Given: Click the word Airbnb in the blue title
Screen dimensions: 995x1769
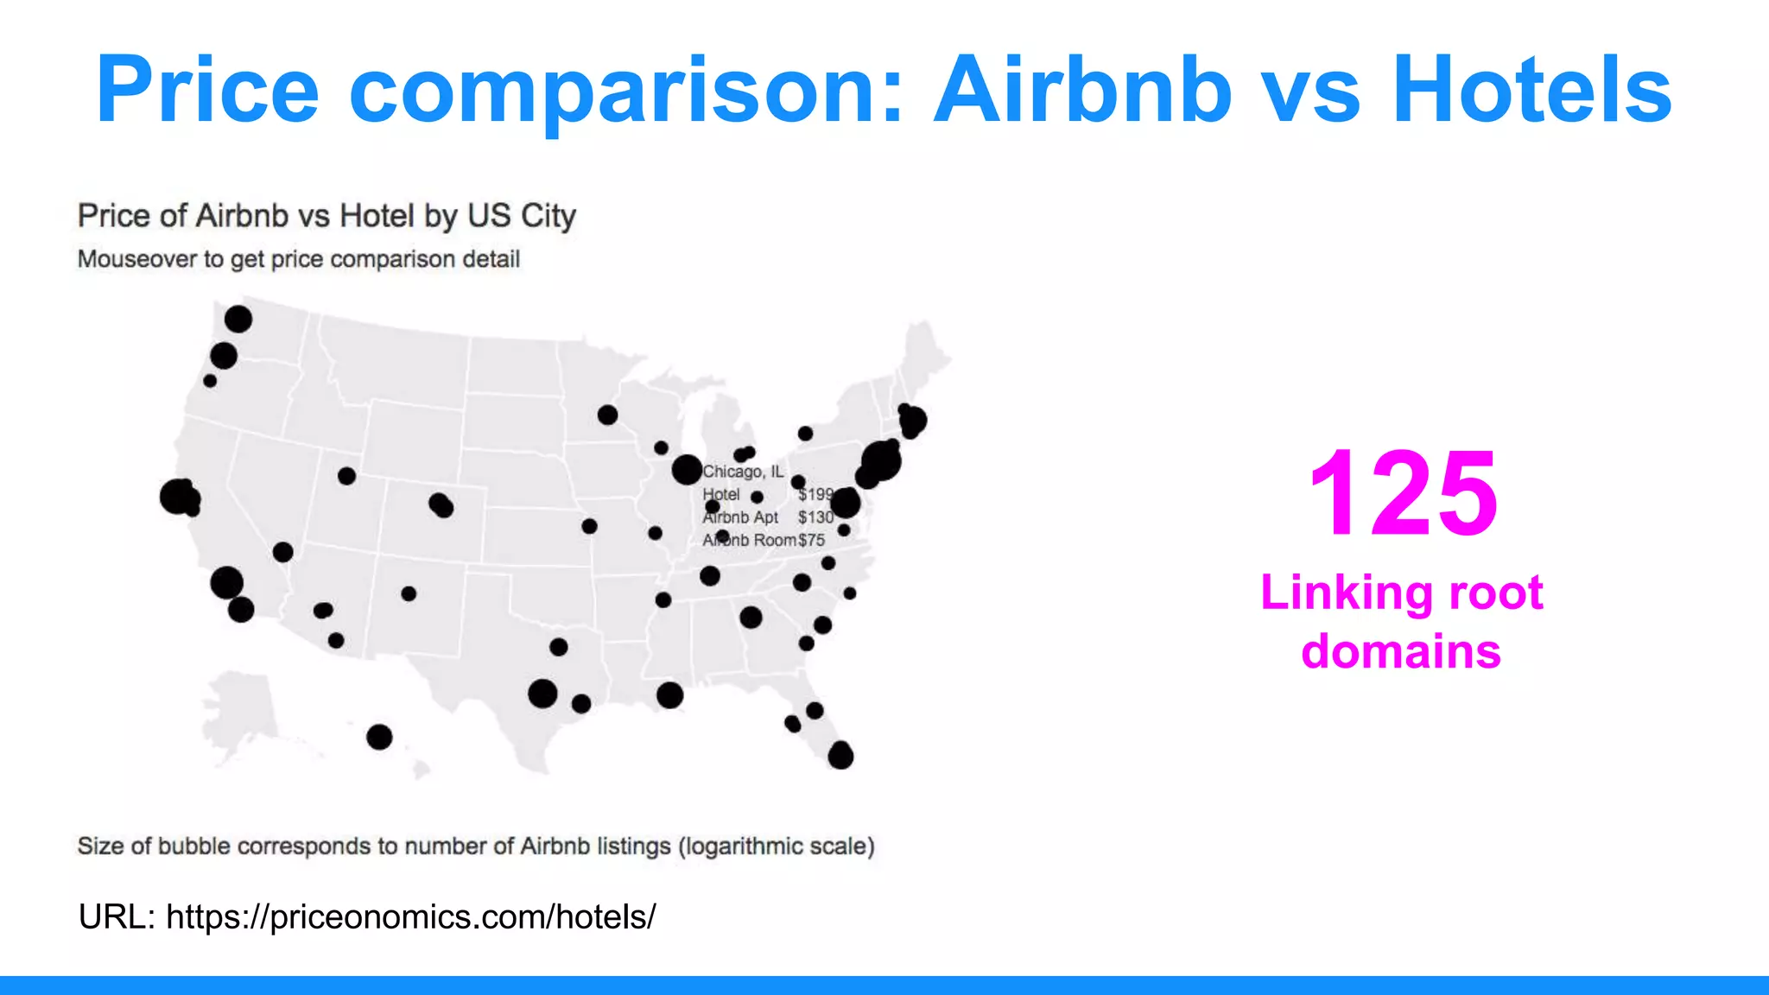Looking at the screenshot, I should (x=1083, y=90).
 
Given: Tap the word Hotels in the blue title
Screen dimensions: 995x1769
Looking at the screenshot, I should (x=1532, y=90).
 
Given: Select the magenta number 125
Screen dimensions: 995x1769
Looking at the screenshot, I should (x=1403, y=493).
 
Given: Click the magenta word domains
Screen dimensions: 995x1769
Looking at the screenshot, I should (x=1401, y=651).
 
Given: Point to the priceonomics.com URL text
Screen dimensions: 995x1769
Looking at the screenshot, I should (x=410, y=916).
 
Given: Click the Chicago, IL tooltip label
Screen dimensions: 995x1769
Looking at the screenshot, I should (x=743, y=472).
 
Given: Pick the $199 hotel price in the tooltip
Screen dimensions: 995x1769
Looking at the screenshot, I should (x=815, y=494).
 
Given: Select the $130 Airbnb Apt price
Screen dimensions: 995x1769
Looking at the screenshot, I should (x=815, y=517).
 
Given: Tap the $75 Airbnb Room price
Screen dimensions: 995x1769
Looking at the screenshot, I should (x=812, y=540).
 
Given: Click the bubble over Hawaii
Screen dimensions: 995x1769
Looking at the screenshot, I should (x=379, y=737).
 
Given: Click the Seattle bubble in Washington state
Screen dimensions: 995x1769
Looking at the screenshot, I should (x=238, y=320).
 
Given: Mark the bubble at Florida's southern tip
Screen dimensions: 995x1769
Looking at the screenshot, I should (x=840, y=757).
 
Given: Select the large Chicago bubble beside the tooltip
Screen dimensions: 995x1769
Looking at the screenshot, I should (x=687, y=470).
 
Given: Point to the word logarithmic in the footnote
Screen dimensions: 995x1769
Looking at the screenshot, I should (x=740, y=846).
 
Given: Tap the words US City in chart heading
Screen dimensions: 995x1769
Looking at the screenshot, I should (x=522, y=216).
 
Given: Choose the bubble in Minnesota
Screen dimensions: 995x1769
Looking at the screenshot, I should (x=607, y=415).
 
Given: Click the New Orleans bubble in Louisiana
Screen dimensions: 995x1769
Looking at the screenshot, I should (x=669, y=694).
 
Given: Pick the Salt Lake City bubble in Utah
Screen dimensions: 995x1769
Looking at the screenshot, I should (x=346, y=476).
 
